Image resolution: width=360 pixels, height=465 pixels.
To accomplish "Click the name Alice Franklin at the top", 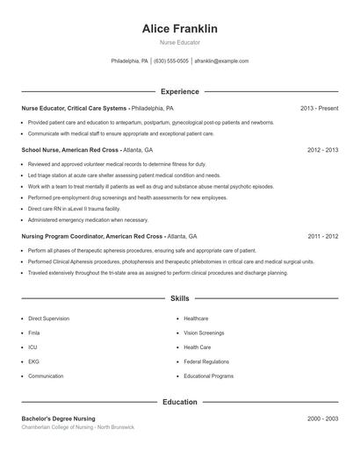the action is pyautogui.click(x=180, y=29).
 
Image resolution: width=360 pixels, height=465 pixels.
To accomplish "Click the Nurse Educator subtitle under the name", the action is pyautogui.click(x=180, y=42).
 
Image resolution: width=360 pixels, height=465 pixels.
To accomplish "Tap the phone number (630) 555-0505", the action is pyautogui.click(x=171, y=61).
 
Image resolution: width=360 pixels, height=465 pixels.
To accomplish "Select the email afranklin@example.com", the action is pyautogui.click(x=221, y=61).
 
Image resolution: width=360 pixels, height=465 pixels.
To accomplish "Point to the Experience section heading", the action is pyautogui.click(x=180, y=91).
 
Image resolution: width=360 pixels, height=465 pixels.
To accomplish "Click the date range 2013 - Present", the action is pyautogui.click(x=319, y=108).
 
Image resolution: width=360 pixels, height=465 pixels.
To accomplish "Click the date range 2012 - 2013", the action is pyautogui.click(x=322, y=150).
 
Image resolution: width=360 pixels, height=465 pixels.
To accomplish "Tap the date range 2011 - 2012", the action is pyautogui.click(x=322, y=236).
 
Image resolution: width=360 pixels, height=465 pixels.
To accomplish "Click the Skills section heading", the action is pyautogui.click(x=180, y=298).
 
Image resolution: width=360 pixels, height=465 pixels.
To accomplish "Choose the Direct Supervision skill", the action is pyautogui.click(x=48, y=318).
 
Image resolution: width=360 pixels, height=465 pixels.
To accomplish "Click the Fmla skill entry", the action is pyautogui.click(x=35, y=333).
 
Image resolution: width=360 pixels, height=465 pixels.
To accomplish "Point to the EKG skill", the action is pyautogui.click(x=34, y=361).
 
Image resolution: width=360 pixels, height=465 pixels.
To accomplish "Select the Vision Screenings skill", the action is pyautogui.click(x=205, y=333).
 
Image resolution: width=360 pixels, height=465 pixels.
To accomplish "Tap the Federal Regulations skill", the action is pyautogui.click(x=206, y=361).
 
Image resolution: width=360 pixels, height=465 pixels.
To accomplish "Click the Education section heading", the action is pyautogui.click(x=180, y=402).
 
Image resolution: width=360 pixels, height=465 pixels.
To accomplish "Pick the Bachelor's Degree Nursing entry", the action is pyautogui.click(x=59, y=418).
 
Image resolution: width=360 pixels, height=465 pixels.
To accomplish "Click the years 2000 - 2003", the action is pyautogui.click(x=322, y=418).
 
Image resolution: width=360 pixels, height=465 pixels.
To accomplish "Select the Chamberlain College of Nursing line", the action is pyautogui.click(x=78, y=427).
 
